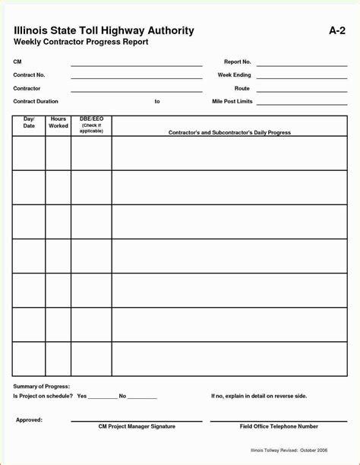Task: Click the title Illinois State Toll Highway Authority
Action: pos(104,30)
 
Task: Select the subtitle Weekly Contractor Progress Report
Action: pos(81,43)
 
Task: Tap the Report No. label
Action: pos(237,62)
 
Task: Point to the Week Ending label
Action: pos(234,75)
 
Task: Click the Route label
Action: pos(242,88)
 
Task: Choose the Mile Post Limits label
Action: pos(232,101)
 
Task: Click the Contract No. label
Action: pos(29,75)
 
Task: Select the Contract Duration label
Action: pos(36,101)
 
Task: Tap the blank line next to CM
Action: pos(137,65)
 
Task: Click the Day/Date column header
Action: pos(29,122)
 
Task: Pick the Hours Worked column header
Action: pos(58,122)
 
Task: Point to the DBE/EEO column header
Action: pos(91,125)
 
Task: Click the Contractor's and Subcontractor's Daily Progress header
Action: pos(229,132)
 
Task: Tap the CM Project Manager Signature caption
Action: pos(137,426)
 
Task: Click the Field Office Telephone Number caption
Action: pos(279,426)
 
